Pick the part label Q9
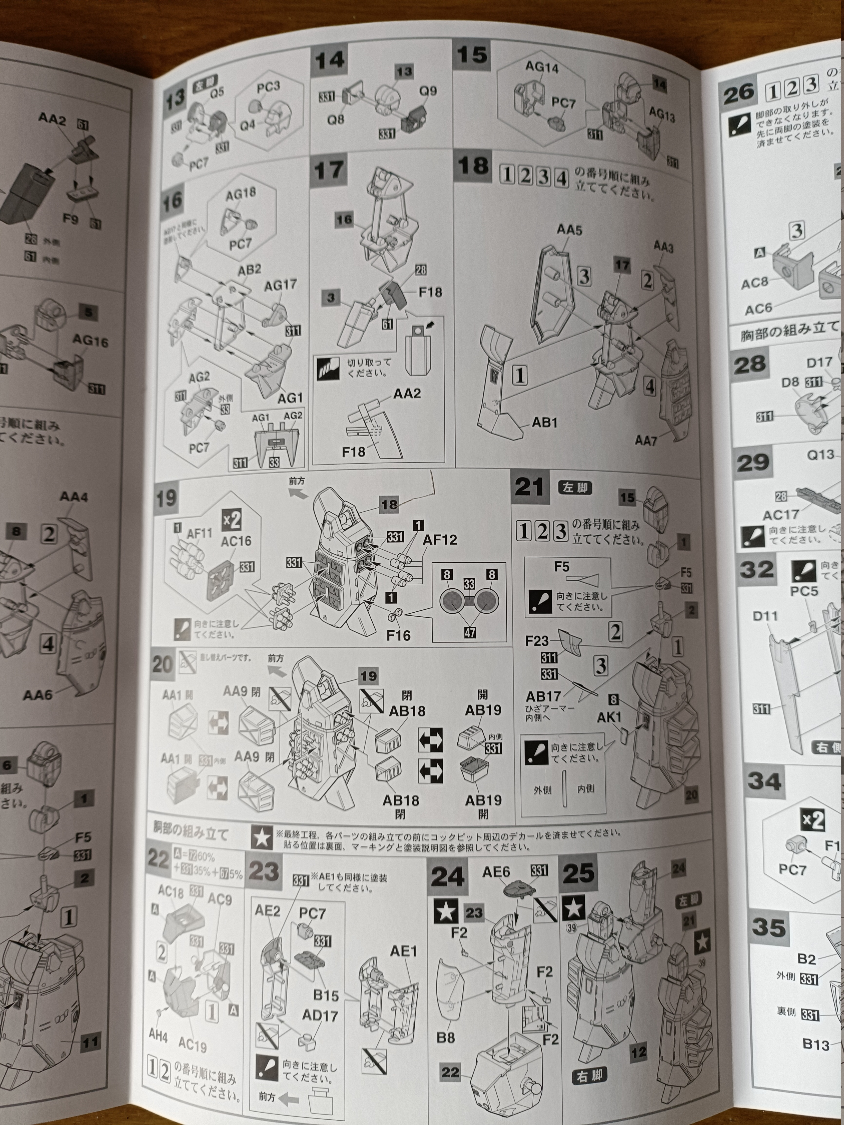click(428, 91)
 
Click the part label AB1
click(545, 423)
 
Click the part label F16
click(398, 635)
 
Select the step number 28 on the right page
click(750, 364)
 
